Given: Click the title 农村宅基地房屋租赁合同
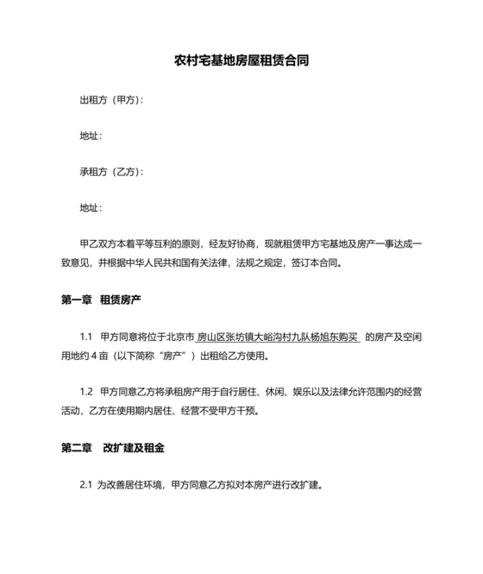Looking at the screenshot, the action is [241, 61].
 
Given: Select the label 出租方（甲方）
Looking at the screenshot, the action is [110, 100].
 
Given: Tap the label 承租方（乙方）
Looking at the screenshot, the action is [110, 172].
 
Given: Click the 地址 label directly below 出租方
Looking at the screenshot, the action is [90, 136].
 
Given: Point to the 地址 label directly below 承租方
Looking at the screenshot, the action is [90, 208].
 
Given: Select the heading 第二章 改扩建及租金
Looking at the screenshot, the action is [113, 449].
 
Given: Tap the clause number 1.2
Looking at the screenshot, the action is [85, 393].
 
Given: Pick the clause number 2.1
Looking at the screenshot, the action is [85, 485].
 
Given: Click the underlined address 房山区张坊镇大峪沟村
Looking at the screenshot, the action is [244, 337].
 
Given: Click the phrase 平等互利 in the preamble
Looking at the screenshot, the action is [160, 244].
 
